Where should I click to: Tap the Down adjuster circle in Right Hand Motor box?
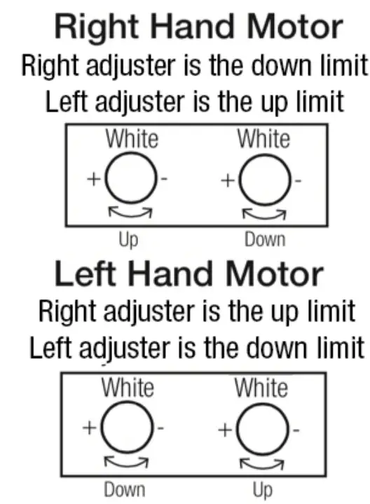(265, 179)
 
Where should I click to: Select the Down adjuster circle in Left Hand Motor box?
(126, 427)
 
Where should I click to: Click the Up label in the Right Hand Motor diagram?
(128, 240)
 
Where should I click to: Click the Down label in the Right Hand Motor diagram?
(265, 240)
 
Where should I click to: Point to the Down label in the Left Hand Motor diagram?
(125, 489)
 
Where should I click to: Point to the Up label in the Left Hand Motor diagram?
(261, 489)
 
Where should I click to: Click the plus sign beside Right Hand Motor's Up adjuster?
(94, 179)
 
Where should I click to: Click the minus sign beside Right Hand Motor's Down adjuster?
(298, 180)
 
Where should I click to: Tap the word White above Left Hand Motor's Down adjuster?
(127, 387)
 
